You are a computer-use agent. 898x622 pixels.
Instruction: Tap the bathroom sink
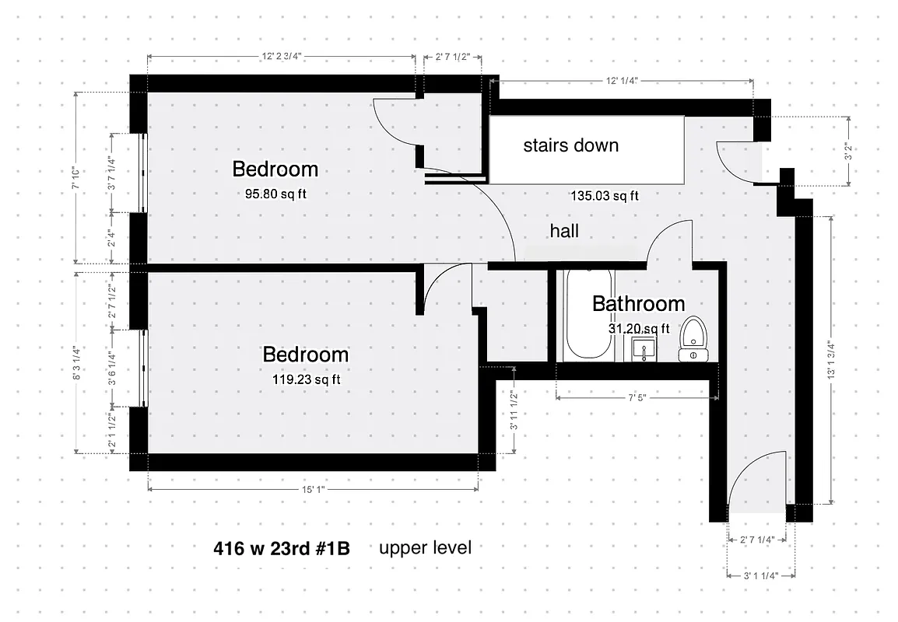point(644,349)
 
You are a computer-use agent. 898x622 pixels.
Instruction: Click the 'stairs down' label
point(570,145)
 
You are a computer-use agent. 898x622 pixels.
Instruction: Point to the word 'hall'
point(564,231)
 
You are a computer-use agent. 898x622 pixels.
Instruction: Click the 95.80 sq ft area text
point(275,194)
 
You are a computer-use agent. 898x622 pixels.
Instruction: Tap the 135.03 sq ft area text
point(604,196)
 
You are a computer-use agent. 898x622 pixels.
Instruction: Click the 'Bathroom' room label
point(638,303)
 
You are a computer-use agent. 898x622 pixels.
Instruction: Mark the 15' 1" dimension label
point(311,490)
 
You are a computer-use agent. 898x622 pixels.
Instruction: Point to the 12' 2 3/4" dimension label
point(280,56)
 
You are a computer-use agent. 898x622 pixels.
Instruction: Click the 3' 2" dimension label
point(848,151)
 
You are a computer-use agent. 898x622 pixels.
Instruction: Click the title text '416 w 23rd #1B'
point(282,548)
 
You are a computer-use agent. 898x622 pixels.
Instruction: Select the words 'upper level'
point(425,547)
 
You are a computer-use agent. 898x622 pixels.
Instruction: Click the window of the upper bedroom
point(142,172)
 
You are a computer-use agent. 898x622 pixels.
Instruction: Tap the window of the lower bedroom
point(142,368)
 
